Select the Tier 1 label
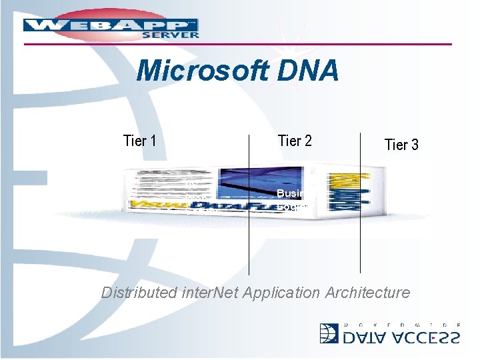point(140,141)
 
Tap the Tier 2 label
point(295,141)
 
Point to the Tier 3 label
point(401,145)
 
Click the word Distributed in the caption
point(140,292)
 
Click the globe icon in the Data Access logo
point(329,334)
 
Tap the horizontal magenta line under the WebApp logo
point(267,45)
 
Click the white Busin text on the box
point(291,193)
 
